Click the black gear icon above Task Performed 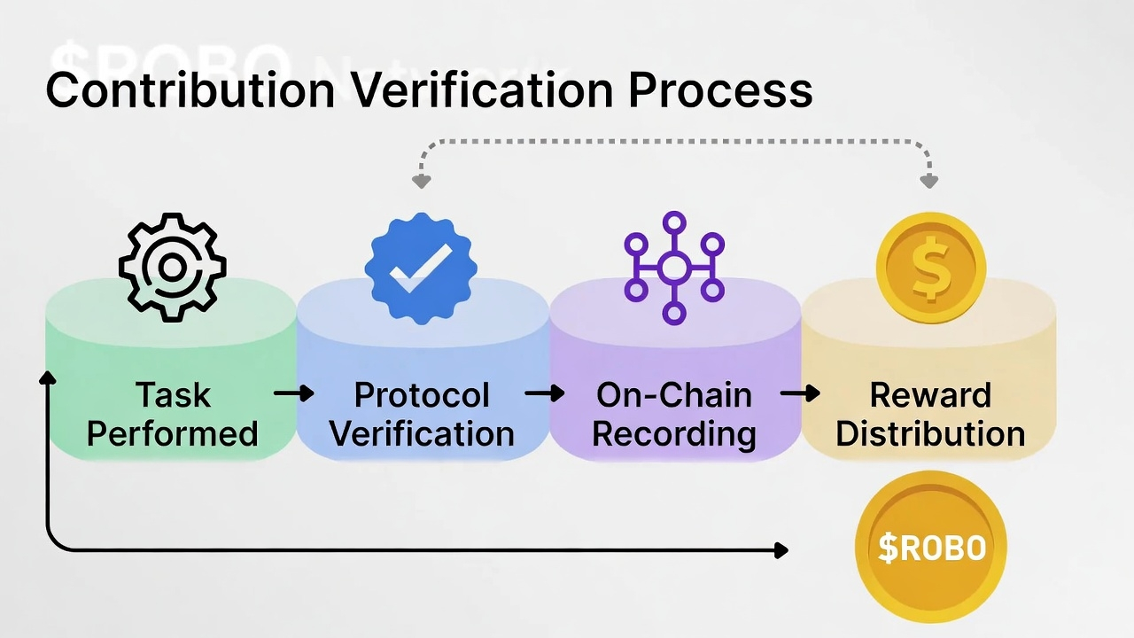[x=172, y=267]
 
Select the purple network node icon [x=674, y=267]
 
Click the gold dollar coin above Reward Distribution [x=930, y=267]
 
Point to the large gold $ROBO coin [x=930, y=547]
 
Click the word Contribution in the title [x=190, y=90]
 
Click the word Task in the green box [x=173, y=395]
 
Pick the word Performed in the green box [x=173, y=434]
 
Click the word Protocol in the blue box [x=422, y=395]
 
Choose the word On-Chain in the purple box [x=674, y=395]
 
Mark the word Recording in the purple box [x=674, y=434]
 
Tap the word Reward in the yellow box [x=930, y=395]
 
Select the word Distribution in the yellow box [x=930, y=434]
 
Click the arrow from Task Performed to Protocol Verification [x=294, y=393]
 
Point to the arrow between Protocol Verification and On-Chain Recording [x=545, y=393]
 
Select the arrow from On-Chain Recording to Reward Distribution [x=800, y=393]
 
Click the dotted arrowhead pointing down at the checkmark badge [x=422, y=182]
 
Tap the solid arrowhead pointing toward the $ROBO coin [x=781, y=550]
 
